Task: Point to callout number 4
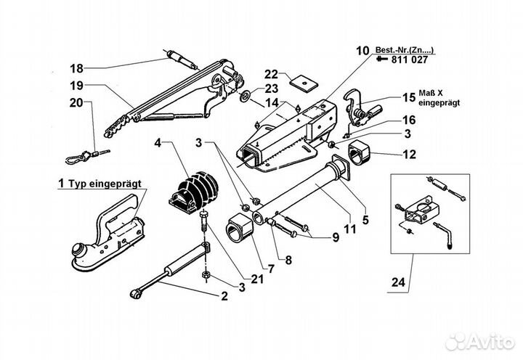coord(157,143)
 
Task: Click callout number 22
coord(271,74)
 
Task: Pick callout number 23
coord(271,89)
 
